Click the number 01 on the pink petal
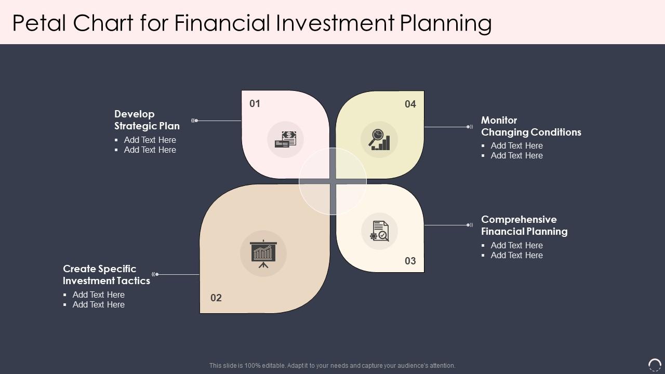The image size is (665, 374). click(255, 103)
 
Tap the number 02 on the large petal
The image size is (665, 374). click(216, 298)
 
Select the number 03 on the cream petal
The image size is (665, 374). click(410, 261)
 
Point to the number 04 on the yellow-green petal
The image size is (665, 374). click(410, 104)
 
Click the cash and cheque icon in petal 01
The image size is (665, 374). click(286, 139)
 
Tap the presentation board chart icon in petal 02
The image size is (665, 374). click(263, 253)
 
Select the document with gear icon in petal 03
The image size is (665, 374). click(380, 231)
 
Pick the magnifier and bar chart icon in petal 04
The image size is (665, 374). click(379, 139)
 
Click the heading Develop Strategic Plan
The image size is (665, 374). click(147, 120)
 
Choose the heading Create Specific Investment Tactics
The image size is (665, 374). click(107, 275)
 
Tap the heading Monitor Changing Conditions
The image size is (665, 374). click(531, 126)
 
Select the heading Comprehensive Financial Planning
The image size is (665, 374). click(524, 225)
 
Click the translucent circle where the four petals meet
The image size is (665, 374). click(332, 181)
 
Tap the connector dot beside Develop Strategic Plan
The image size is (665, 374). click(196, 121)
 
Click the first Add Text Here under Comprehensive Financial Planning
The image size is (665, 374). click(516, 245)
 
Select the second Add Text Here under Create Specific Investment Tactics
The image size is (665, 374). click(98, 304)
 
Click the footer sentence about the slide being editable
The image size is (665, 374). click(332, 366)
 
